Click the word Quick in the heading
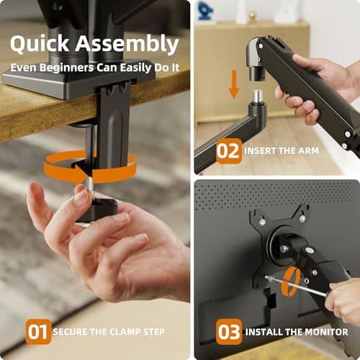click(40, 45)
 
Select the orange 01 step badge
click(37, 333)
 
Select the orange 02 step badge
click(229, 152)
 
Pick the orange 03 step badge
click(229, 333)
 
